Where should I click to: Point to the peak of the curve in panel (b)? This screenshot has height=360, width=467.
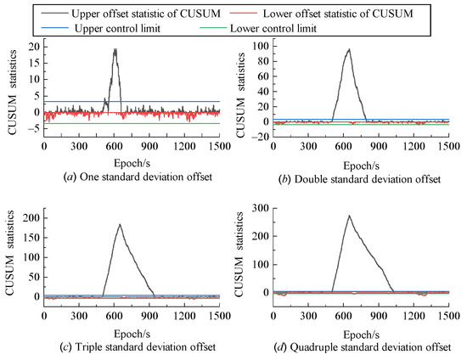348,49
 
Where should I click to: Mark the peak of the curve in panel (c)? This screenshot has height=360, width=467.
120,225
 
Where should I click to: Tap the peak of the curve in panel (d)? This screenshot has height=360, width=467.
349,216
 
